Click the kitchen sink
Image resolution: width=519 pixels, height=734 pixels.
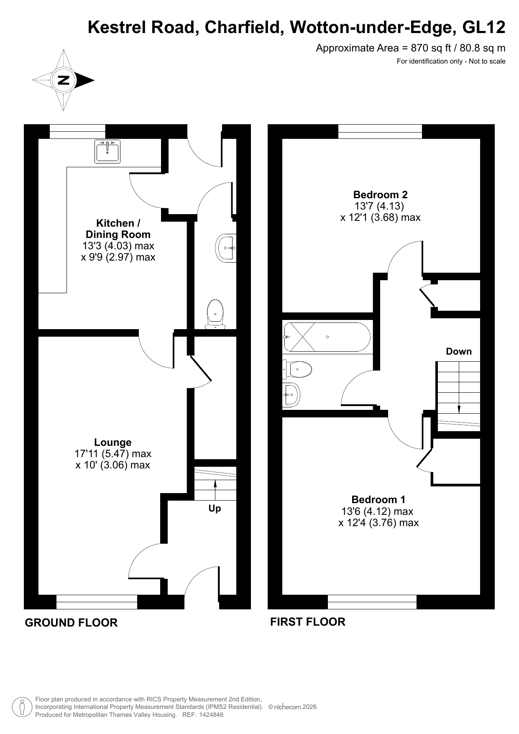(x=107, y=151)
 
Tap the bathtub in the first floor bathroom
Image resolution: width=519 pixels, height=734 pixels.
(x=327, y=337)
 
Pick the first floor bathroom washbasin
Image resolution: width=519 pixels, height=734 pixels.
(x=291, y=394)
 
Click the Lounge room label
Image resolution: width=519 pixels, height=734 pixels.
(x=113, y=442)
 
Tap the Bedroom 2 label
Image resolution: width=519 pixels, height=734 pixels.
(x=381, y=194)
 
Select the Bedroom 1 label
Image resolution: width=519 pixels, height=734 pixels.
(x=378, y=499)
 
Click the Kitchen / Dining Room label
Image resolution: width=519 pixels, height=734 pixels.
(x=118, y=229)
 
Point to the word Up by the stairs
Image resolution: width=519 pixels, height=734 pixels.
(x=215, y=509)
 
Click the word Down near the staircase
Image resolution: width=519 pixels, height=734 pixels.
(x=459, y=351)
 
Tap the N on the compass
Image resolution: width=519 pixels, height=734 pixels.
(x=64, y=80)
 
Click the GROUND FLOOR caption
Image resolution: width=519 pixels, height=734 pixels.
(x=72, y=623)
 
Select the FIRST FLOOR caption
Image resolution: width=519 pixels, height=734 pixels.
(x=308, y=622)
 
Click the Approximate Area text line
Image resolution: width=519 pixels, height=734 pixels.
(x=411, y=48)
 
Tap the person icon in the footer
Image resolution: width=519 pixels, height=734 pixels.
(x=22, y=707)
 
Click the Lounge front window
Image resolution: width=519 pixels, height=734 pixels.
(x=97, y=602)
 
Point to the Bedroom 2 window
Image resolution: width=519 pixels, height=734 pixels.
(x=380, y=131)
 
